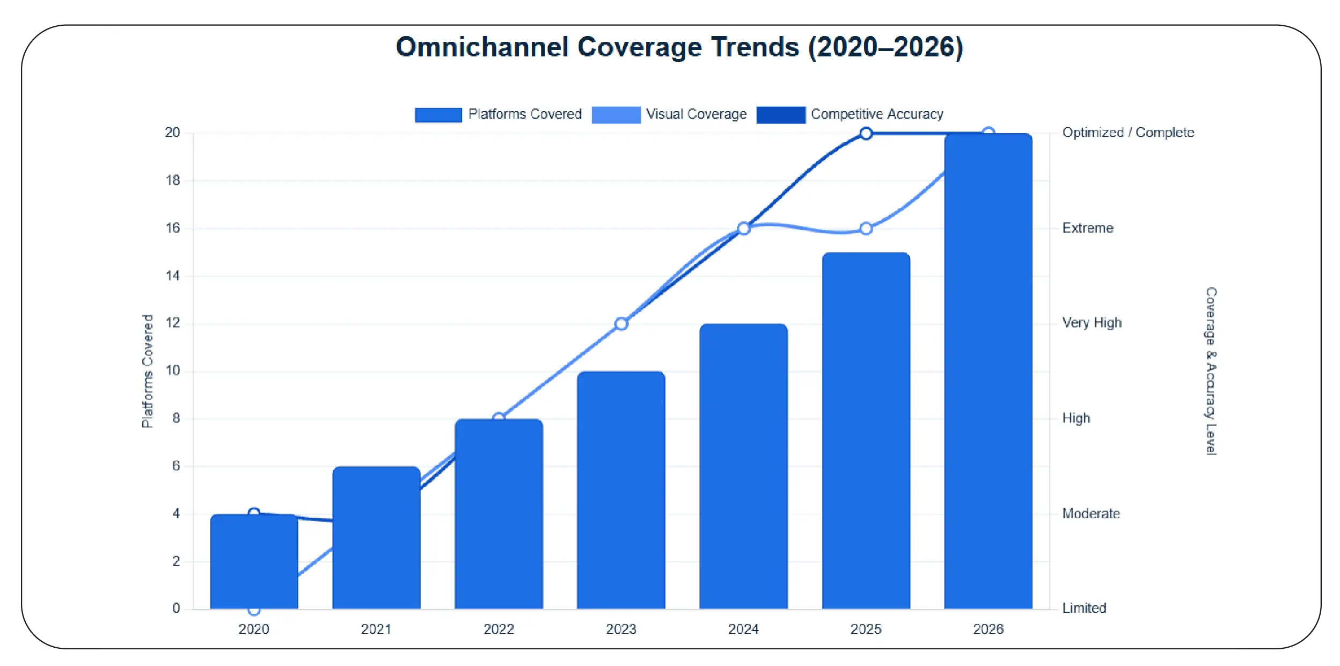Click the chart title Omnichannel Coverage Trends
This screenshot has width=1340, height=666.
pyautogui.click(x=679, y=47)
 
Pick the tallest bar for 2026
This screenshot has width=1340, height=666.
pyautogui.click(x=988, y=371)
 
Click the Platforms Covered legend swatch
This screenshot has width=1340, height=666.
pyautogui.click(x=438, y=115)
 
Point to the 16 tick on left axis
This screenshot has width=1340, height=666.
pyautogui.click(x=173, y=228)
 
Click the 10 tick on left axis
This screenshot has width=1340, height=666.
pyautogui.click(x=173, y=371)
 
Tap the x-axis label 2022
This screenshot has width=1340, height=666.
pyautogui.click(x=499, y=629)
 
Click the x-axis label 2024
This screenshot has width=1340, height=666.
pyautogui.click(x=743, y=629)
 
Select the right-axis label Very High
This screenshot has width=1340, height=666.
pyautogui.click(x=1092, y=323)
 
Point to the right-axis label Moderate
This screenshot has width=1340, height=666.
pyautogui.click(x=1090, y=513)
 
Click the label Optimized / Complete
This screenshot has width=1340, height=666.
pyautogui.click(x=1127, y=133)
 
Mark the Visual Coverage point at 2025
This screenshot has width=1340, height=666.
pyautogui.click(x=866, y=229)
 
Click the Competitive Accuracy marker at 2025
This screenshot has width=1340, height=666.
pyautogui.click(x=866, y=133)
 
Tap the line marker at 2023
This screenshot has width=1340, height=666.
pyautogui.click(x=621, y=324)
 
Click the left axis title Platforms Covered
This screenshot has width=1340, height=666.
pyautogui.click(x=148, y=371)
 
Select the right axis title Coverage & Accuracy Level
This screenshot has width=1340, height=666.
pyautogui.click(x=1211, y=371)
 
